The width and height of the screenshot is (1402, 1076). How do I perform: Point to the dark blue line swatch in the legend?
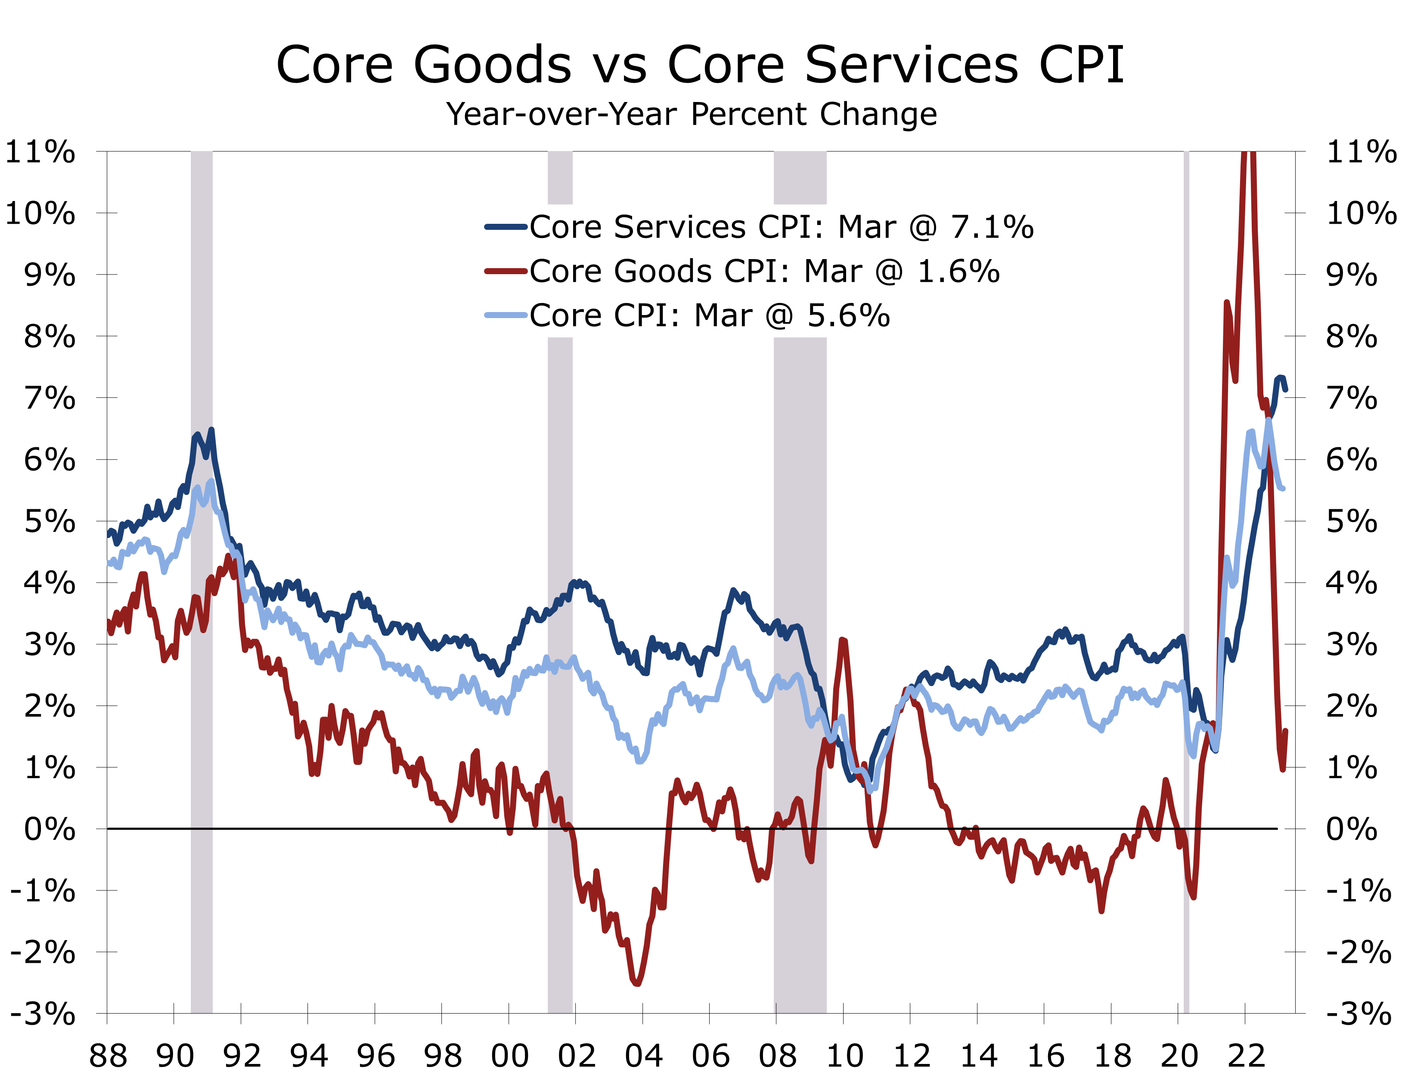click(506, 227)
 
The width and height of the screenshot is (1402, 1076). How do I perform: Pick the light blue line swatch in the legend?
click(506, 315)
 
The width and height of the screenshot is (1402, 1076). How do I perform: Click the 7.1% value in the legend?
click(992, 227)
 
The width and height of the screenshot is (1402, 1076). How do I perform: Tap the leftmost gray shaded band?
click(202, 640)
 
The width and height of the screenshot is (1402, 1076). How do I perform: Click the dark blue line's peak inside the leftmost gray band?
click(211, 430)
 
